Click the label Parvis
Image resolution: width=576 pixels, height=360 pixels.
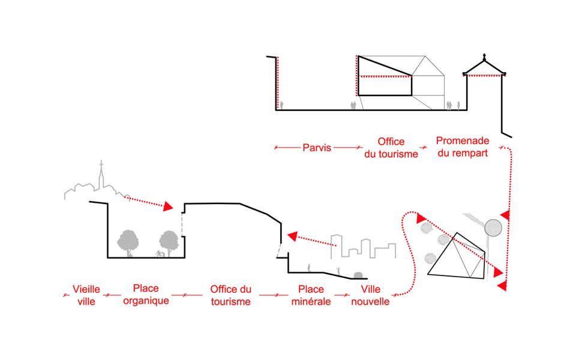tap(317, 148)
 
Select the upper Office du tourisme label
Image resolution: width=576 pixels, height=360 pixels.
tap(391, 148)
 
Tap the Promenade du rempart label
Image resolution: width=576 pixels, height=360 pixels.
tap(463, 146)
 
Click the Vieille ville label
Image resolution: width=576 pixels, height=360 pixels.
tap(86, 295)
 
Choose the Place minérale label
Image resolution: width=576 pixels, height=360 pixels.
tap(311, 295)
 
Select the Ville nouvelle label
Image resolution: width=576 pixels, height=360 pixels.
tap(370, 295)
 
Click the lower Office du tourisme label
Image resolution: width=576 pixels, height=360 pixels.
tap(230, 295)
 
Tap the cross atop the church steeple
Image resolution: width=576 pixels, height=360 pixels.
tap(101, 164)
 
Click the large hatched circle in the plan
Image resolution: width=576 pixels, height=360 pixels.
tap(493, 227)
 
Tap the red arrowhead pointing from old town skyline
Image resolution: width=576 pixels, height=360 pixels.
tap(169, 207)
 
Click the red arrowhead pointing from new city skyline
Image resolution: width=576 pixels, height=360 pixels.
tap(293, 235)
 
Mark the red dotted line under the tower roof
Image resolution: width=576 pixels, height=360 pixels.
tap(484, 76)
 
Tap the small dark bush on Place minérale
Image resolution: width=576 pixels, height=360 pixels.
tap(359, 275)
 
